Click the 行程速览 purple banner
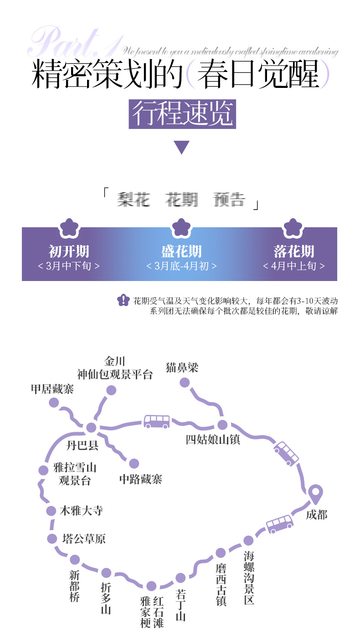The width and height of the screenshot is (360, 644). tap(182, 114)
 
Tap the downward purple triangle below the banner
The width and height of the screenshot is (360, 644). tap(181, 147)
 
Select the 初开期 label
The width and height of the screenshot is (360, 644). tap(69, 251)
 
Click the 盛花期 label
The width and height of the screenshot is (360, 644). tap(181, 251)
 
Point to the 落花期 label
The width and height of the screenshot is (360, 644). tap(294, 251)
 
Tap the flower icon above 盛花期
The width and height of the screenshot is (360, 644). tap(181, 227)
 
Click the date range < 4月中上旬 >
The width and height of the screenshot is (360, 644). tap(294, 266)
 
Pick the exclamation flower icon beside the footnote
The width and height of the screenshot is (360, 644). tap(123, 300)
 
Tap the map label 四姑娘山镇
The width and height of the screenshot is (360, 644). tap(213, 440)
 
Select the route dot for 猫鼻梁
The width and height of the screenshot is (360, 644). tap(185, 383)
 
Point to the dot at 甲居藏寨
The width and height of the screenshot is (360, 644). tap(54, 403)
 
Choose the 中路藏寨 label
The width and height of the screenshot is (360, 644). tap(140, 479)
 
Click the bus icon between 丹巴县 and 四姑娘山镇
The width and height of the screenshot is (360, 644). tap(157, 421)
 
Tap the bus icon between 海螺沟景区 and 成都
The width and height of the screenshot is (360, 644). tap(279, 524)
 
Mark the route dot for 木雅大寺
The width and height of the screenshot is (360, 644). tap(51, 511)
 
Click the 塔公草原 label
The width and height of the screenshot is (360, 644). tap(84, 539)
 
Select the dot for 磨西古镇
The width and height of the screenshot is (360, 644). tap(221, 553)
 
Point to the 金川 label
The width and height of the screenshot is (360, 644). tap(115, 362)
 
